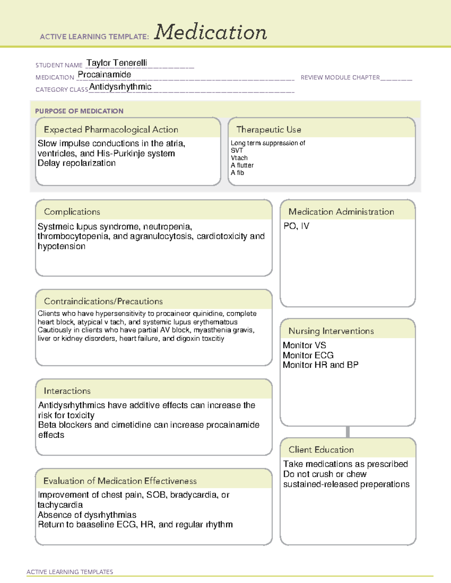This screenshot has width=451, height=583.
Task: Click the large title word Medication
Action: click(x=210, y=32)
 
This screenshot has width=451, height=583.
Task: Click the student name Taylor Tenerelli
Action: click(x=117, y=63)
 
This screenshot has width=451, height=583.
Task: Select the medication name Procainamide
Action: click(x=104, y=75)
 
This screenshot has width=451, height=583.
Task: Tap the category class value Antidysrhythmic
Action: click(x=120, y=87)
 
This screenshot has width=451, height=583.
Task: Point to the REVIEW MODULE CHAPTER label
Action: click(x=340, y=77)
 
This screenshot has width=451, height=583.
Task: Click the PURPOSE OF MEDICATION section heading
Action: click(x=79, y=111)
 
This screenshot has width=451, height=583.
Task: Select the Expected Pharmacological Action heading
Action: click(x=111, y=130)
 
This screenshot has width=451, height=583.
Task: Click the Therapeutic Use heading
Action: click(x=269, y=130)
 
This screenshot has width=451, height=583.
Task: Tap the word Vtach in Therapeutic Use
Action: click(x=239, y=158)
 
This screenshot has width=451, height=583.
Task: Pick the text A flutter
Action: click(x=242, y=165)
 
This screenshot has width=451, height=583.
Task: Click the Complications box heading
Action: click(x=72, y=212)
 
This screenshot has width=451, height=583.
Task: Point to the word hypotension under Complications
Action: click(x=62, y=246)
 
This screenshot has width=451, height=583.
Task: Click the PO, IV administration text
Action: click(x=296, y=226)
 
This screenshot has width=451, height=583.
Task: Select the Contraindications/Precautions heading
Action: click(x=103, y=301)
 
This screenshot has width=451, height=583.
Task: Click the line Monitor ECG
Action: click(x=308, y=355)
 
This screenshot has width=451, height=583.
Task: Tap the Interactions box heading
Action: click(x=67, y=391)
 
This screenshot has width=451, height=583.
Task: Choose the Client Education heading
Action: click(x=321, y=450)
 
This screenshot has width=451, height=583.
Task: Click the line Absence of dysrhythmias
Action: click(x=87, y=515)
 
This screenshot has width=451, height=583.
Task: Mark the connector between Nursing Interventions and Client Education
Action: click(x=348, y=432)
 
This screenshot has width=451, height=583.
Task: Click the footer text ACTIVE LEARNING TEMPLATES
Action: click(x=70, y=572)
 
